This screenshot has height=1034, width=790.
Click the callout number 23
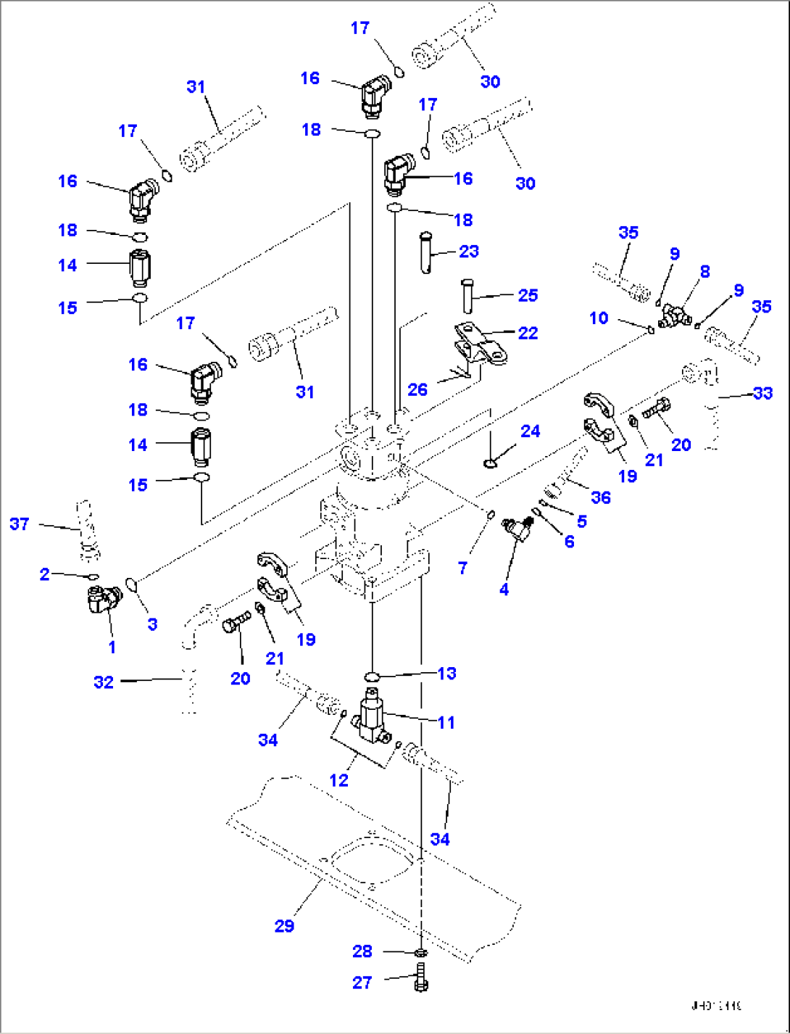(x=469, y=252)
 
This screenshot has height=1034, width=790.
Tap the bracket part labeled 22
(x=480, y=345)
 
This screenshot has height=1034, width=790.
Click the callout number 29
(x=284, y=926)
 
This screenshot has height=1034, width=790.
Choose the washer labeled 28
(x=421, y=952)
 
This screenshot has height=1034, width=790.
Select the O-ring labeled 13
(x=372, y=677)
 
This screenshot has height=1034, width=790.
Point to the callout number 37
(x=20, y=524)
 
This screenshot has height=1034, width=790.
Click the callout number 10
(x=599, y=318)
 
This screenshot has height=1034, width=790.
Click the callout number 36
(x=601, y=497)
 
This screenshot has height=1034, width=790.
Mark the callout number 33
(x=763, y=393)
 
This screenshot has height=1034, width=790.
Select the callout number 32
(x=104, y=682)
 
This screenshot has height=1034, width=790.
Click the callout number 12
(x=338, y=780)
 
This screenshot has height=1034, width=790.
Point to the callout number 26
(x=417, y=390)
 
